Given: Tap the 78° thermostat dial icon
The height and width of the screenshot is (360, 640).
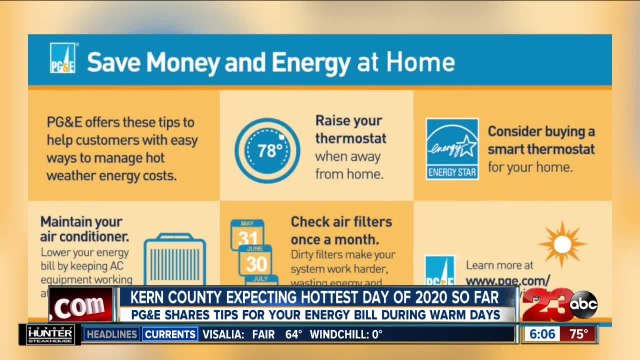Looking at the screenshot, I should [267, 151].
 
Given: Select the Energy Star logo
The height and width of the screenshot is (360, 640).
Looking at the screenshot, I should [452, 149].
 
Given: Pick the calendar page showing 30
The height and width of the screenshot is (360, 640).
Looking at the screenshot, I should [253, 263].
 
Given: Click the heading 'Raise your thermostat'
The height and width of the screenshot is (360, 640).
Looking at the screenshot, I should [347, 131].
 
